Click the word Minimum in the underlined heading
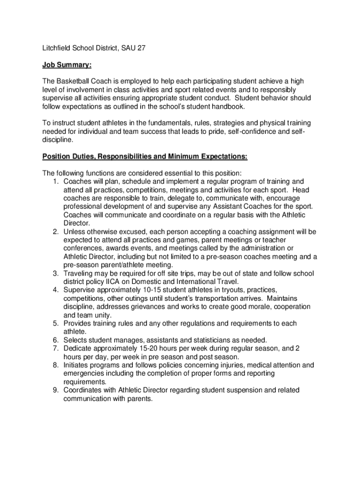coord(176,156)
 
